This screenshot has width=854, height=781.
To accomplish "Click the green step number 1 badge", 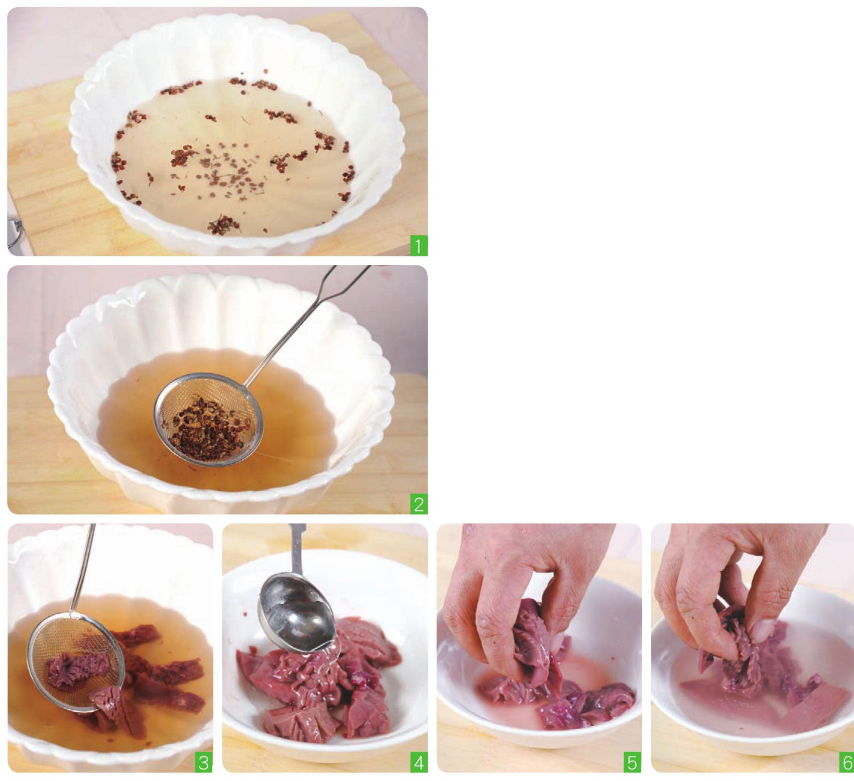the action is point(418,245).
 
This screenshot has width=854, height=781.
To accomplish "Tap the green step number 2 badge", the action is point(418,504).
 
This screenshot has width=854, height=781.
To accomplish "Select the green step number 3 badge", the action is point(203,762).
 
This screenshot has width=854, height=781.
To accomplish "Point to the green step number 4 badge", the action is point(418,762).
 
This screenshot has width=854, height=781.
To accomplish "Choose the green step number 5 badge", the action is point(632,762).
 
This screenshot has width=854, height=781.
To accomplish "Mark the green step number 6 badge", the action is point(846,762).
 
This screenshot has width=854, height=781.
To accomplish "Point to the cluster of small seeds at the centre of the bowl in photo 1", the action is point(228,171).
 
